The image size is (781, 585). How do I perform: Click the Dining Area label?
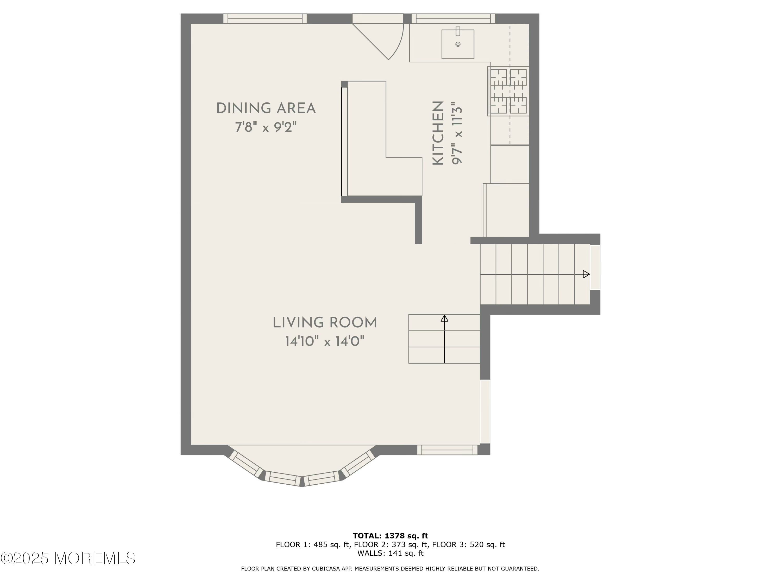click(266, 108)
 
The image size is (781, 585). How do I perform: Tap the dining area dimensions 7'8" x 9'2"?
click(266, 127)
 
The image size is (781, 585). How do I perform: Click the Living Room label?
click(325, 323)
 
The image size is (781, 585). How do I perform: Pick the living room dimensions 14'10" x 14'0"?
click(325, 341)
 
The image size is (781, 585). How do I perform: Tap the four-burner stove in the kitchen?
click(508, 91)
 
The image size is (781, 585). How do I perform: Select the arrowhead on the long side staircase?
click(586, 274)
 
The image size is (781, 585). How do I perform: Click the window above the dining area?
click(265, 19)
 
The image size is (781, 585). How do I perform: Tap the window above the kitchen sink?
click(453, 19)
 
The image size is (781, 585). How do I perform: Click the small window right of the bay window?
click(447, 450)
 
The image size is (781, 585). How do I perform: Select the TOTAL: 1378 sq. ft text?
click(390, 536)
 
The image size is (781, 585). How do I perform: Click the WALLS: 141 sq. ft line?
click(390, 553)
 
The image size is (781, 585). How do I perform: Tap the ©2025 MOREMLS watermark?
click(68, 558)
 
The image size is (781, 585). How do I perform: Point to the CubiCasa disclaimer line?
click(390, 568)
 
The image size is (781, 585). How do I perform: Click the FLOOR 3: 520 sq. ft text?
click(469, 544)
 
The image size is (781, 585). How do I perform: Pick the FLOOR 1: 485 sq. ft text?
click(312, 544)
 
